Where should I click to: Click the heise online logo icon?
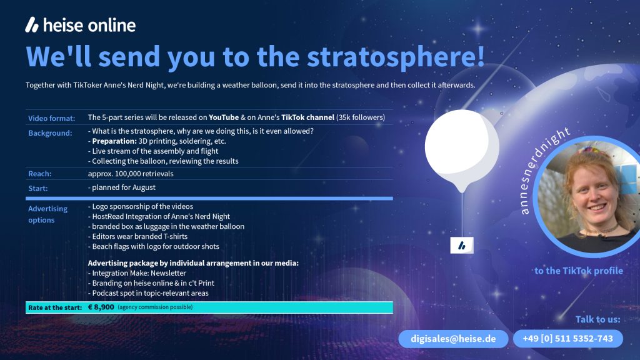pos(32,25)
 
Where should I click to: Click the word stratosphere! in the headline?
pos(396,56)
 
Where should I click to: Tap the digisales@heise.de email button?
pos(453,339)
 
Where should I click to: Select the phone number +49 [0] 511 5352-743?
pos(567,339)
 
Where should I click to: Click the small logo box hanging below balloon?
pos(462,245)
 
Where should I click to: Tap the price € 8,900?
pos(101,307)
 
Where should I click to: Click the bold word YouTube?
pos(224,117)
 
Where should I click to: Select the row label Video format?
pos(51,118)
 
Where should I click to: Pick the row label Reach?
pos(39,174)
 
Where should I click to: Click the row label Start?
pos(38,188)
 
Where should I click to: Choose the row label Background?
pos(50,133)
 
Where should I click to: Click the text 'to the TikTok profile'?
pos(578,271)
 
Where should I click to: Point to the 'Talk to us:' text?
pos(597,319)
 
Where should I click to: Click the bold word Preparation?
pos(114,141)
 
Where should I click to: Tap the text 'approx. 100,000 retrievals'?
pos(131,174)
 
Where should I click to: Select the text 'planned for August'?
pos(124,187)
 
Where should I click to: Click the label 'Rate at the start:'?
pos(55,307)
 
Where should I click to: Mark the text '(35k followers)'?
pos(361,117)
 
